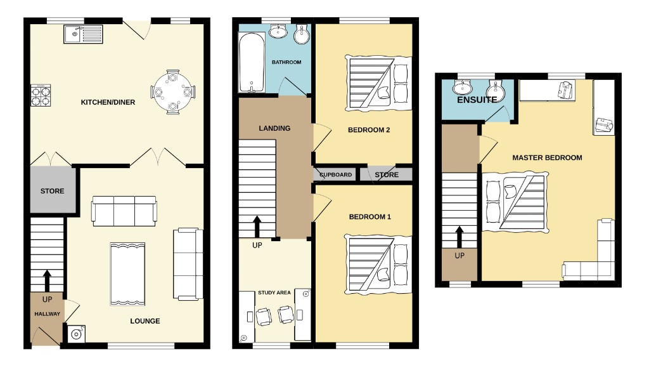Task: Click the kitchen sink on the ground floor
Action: click(x=83, y=33)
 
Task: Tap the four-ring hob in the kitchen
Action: click(x=41, y=95)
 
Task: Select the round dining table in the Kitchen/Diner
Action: click(x=171, y=91)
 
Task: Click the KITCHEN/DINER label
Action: click(x=108, y=102)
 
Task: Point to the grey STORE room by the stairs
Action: click(x=52, y=190)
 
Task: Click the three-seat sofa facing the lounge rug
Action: click(x=124, y=211)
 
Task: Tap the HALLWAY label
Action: click(x=47, y=314)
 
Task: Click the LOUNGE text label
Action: click(x=145, y=321)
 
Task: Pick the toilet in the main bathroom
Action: click(x=302, y=34)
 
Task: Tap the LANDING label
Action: click(x=274, y=128)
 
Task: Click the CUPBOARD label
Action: click(x=335, y=174)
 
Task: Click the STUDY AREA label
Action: click(x=274, y=292)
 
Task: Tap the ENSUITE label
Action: click(x=477, y=100)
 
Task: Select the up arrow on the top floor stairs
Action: click(x=459, y=238)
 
